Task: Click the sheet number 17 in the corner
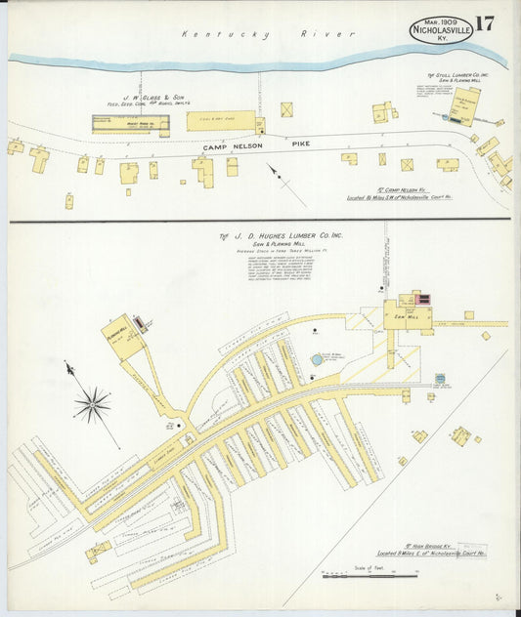click(485, 24)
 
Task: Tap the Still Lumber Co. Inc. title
click(457, 75)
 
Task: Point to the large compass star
click(92, 402)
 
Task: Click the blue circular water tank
click(317, 359)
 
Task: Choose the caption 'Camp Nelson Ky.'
click(406, 189)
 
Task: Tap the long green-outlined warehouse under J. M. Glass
click(130, 123)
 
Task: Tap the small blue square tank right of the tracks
click(440, 378)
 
